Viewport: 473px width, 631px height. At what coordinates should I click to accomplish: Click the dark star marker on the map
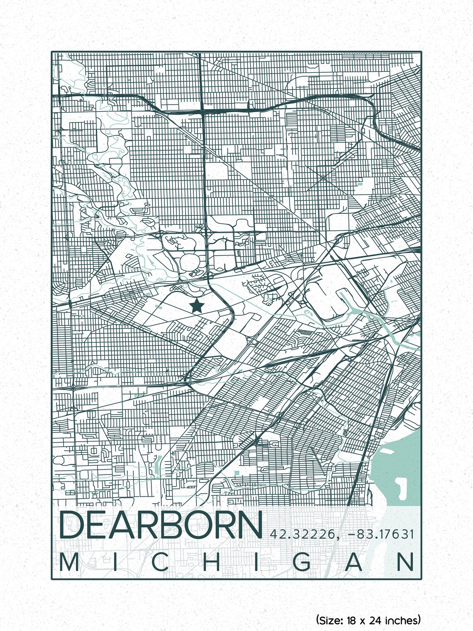point(196,306)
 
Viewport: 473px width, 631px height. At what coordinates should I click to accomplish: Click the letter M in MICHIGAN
point(69,563)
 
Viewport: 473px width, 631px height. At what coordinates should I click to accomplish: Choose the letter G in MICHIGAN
point(304,563)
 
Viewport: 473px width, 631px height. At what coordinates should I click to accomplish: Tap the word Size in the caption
point(330,620)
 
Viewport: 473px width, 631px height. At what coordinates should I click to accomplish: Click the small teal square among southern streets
point(236,472)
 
